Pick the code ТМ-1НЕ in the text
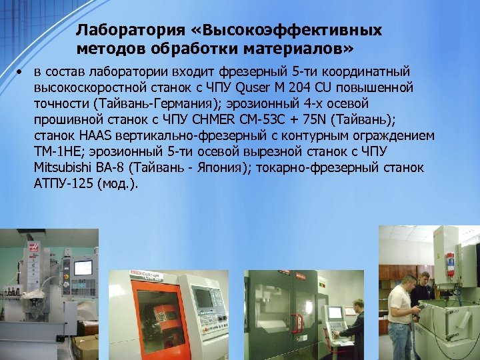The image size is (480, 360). [x=56, y=152]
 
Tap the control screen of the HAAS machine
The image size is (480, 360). [x=83, y=268]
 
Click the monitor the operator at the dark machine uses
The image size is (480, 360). [x=334, y=312]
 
